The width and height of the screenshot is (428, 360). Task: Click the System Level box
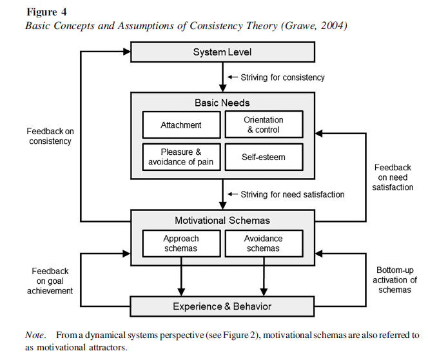tap(222, 52)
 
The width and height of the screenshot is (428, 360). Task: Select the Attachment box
tap(181, 125)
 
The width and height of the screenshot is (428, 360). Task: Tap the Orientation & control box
tap(264, 125)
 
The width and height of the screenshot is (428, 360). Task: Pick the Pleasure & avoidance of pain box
tap(181, 157)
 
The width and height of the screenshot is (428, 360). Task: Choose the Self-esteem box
tap(264, 157)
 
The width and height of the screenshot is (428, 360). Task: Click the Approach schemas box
tap(181, 243)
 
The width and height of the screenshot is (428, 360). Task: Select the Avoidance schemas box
tap(264, 243)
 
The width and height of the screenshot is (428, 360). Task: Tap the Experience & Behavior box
tap(222, 306)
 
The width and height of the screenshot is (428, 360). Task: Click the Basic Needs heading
tap(222, 103)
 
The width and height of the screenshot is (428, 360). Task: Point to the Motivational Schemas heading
tap(222, 221)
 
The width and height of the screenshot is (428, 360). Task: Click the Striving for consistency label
tap(282, 77)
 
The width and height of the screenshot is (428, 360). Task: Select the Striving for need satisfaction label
tap(293, 194)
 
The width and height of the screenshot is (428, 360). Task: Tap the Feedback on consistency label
tap(50, 136)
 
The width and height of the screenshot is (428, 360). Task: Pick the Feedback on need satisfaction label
tap(393, 177)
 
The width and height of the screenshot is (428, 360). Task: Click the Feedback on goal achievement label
tap(50, 281)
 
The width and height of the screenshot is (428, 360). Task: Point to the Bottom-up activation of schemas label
tap(394, 280)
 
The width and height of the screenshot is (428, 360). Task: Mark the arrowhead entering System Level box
tap(126, 52)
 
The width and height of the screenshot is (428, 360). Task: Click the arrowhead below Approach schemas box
tap(181, 292)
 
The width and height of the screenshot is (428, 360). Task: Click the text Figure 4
tap(46, 12)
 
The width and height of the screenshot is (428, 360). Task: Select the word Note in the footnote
tap(34, 335)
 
